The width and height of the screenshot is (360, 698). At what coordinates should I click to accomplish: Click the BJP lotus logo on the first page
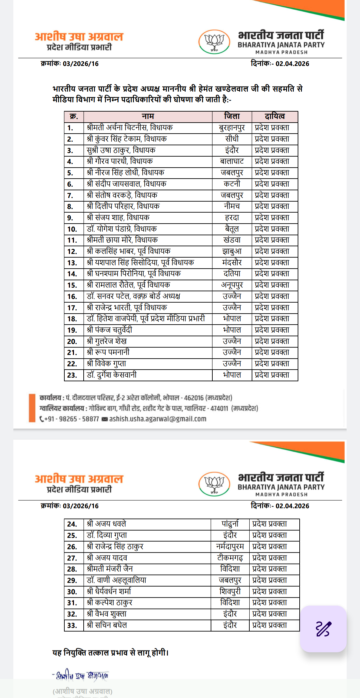click(x=214, y=42)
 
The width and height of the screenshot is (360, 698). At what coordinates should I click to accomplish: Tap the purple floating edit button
click(x=323, y=629)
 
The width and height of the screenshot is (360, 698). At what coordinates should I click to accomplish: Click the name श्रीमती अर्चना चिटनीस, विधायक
click(x=130, y=128)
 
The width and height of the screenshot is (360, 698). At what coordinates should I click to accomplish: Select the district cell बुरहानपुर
click(x=232, y=128)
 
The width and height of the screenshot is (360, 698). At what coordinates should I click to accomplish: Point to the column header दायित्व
click(x=275, y=116)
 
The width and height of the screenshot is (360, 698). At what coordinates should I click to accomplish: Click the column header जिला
click(x=232, y=116)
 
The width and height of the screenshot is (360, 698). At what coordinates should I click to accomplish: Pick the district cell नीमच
click(x=232, y=206)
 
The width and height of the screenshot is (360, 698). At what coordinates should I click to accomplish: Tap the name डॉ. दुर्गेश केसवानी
click(x=112, y=375)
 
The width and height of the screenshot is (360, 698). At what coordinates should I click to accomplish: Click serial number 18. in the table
click(x=72, y=319)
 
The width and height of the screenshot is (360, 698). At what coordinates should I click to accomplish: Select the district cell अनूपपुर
click(x=232, y=285)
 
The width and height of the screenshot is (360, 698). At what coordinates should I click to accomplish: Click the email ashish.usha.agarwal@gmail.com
click(x=158, y=419)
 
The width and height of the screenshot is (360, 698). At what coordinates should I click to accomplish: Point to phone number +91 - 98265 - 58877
click(x=71, y=419)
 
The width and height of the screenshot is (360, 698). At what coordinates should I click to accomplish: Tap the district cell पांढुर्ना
click(x=230, y=524)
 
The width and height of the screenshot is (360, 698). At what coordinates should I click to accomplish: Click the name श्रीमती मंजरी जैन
click(x=110, y=569)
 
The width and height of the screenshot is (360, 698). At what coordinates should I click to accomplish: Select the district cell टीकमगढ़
click(x=230, y=558)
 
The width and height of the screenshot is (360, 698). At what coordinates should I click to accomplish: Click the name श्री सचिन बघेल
click(x=107, y=625)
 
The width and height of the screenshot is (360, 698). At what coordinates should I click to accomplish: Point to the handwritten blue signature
click(x=81, y=675)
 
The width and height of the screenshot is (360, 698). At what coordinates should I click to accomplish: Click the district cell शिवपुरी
click(x=230, y=592)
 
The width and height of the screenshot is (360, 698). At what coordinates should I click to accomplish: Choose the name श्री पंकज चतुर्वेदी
click(x=109, y=330)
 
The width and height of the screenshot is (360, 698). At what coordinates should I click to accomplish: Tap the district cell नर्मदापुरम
click(x=230, y=547)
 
